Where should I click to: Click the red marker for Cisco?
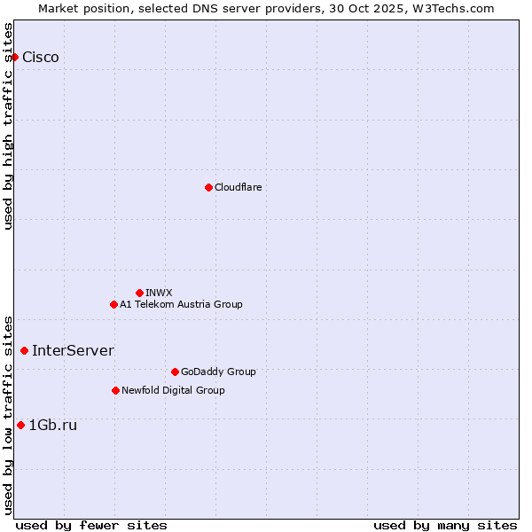click(x=14, y=57)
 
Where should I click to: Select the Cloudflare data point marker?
click(x=208, y=187)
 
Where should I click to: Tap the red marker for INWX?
click(x=139, y=293)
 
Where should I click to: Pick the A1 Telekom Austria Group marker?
click(x=113, y=304)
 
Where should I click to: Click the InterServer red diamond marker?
click(x=24, y=350)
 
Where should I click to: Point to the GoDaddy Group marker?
click(x=175, y=372)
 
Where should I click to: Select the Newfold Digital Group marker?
click(x=115, y=390)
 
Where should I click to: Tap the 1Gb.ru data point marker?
click(x=20, y=425)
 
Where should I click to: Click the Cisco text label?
click(x=41, y=58)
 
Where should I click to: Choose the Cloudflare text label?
click(x=238, y=187)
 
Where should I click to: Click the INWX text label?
click(x=159, y=293)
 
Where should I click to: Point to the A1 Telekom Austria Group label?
click(x=181, y=304)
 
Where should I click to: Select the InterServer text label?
click(x=73, y=350)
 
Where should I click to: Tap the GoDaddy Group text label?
click(x=218, y=372)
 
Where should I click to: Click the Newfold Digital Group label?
click(x=173, y=390)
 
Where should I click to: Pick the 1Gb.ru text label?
click(x=53, y=425)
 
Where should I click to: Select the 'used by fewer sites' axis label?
click(x=91, y=525)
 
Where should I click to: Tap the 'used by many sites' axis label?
click(x=445, y=525)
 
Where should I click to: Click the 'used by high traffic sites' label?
click(x=8, y=126)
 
